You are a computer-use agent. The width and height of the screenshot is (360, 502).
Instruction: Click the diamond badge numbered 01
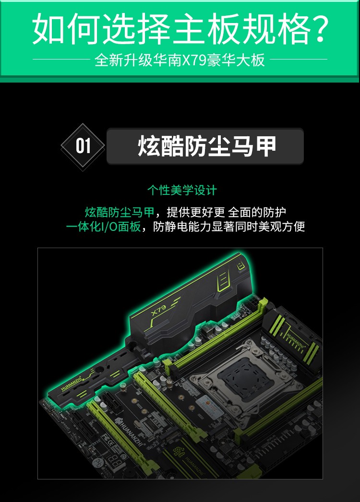point(83,146)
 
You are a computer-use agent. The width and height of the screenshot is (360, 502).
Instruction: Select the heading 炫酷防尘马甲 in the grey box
point(207,146)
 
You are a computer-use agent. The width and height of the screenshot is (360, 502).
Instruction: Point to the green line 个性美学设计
point(182,190)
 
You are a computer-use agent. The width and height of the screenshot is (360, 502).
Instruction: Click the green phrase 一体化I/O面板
point(103,227)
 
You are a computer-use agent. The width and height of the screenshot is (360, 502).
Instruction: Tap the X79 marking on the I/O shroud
point(159,310)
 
